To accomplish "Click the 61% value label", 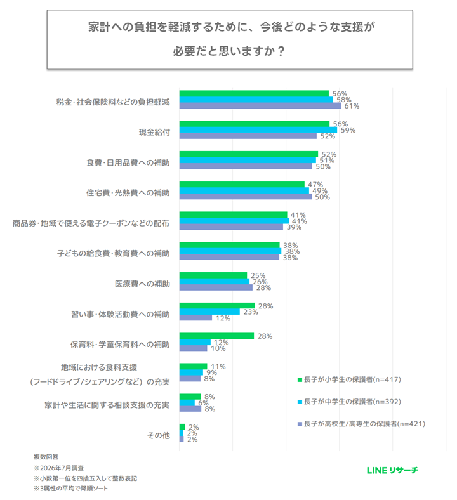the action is (352, 106).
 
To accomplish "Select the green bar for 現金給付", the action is (254, 124).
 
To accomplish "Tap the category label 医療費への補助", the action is (142, 284).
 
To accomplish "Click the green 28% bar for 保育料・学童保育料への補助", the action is (216, 336).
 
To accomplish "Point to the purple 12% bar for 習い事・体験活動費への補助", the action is (195, 318).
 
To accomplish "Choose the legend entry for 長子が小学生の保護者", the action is (349, 379).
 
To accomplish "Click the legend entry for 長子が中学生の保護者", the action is (349, 402).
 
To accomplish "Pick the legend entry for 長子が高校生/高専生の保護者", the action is (361, 424).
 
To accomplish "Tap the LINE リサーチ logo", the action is (392, 470).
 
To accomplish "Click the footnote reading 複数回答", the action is (46, 457).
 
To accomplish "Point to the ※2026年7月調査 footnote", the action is (58, 468).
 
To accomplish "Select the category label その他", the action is (159, 435).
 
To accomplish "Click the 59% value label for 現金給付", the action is (348, 130).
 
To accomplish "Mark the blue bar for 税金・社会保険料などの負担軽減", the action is (256, 100).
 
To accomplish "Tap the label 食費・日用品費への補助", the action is (128, 162).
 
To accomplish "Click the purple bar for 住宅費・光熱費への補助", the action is (246, 197).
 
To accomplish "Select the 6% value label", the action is (203, 403).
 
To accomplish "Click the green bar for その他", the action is (182, 427).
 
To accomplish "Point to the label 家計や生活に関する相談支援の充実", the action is (107, 405).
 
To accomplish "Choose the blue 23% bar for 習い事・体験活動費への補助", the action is (209, 312).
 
